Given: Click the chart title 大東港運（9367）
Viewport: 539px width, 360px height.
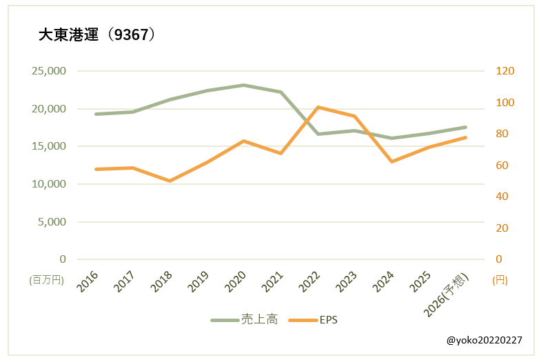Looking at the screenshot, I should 97,35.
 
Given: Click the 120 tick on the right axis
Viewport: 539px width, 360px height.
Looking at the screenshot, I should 505,71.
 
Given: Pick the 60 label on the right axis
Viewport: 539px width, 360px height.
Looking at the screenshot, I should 502,166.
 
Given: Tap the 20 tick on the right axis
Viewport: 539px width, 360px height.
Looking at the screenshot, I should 502,228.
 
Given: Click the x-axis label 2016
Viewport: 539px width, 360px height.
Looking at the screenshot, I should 88,280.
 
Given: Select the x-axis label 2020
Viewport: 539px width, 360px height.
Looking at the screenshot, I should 236,280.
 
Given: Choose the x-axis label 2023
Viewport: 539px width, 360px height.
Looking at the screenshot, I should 347,280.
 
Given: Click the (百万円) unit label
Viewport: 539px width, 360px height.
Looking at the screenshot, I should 47,280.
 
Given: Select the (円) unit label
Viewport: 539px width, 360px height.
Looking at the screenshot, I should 500,280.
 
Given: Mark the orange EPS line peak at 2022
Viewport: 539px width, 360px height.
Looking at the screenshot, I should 318,107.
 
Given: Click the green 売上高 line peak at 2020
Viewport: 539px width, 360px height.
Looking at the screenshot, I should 243,85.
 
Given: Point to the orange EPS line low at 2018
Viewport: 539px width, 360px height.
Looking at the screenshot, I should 170,181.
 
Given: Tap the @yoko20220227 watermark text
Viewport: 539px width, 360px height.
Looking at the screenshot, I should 484,340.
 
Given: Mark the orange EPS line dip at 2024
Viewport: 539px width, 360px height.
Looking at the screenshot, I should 391,161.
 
